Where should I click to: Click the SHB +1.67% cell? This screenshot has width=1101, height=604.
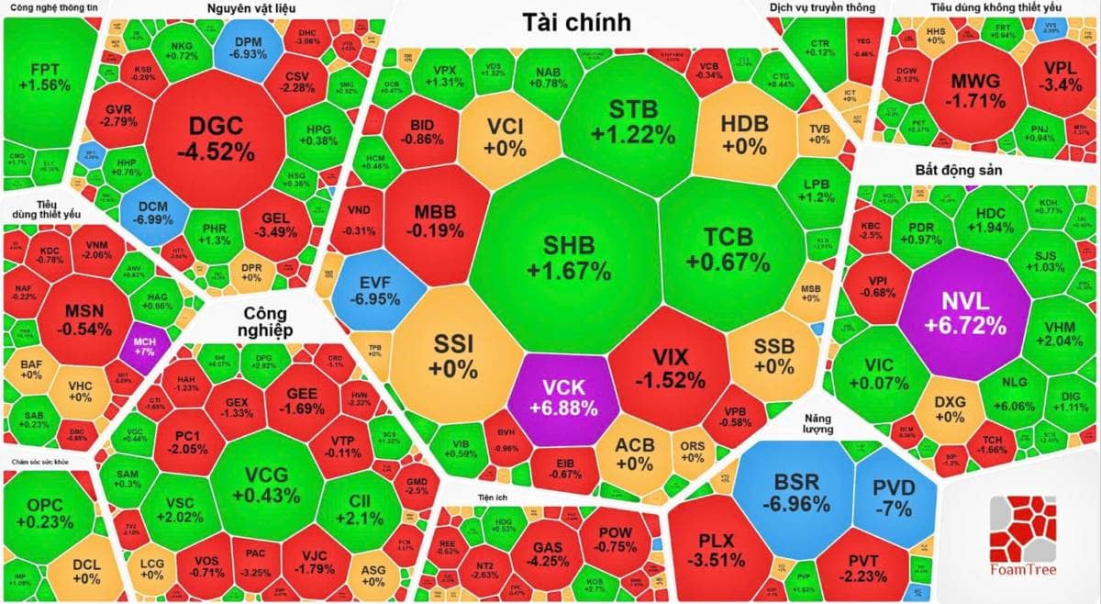point(569,258)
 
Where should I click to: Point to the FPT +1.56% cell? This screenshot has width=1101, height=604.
point(50,77)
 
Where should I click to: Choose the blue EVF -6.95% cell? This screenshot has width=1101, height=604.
point(377,288)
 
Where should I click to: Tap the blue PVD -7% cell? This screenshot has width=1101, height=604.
point(893,497)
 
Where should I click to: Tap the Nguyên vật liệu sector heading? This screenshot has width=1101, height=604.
point(251,8)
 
